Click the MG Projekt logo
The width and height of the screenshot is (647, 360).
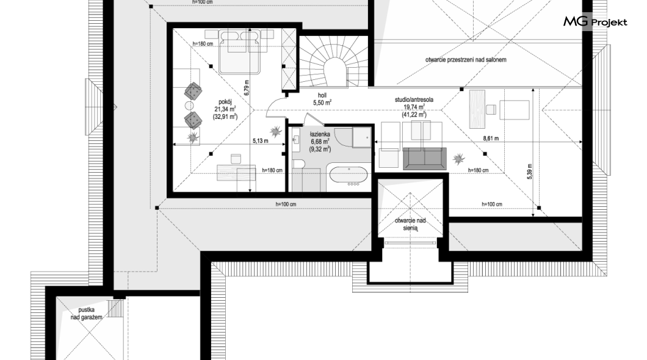coord(595,21)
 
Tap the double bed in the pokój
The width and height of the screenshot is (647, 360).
coord(239,51)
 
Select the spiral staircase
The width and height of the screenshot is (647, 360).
coord(333,61)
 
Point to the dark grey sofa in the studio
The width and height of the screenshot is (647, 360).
coord(425,159)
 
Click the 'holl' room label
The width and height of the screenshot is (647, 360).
coord(322,95)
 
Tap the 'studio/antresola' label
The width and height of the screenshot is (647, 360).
coord(414,100)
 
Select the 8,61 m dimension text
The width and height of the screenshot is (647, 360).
coord(491,139)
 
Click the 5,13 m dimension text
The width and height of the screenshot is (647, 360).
coord(261,140)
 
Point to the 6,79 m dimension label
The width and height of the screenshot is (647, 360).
coord(247,88)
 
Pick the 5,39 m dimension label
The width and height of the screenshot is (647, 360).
coord(529,171)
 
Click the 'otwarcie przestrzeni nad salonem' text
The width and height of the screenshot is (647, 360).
coord(466,60)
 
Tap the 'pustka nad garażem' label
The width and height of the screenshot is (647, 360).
coord(86,314)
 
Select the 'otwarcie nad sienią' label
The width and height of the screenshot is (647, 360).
coord(410,224)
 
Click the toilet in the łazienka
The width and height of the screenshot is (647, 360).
coord(298,165)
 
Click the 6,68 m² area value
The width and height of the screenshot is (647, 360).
coord(320,142)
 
